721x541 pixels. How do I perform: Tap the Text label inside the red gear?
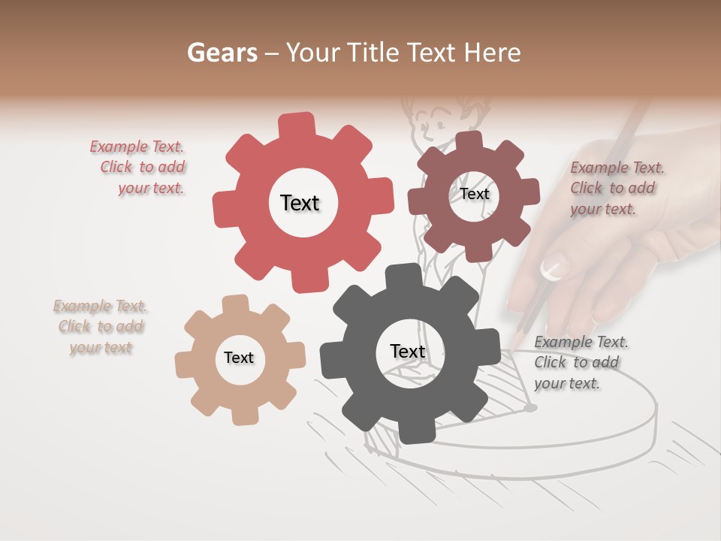pos(300,203)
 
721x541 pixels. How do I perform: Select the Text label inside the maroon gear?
pos(474,194)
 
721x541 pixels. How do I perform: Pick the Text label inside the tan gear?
pos(239,358)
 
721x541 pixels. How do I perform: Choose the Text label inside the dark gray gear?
pos(408,351)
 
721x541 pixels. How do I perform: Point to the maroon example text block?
pos(617,188)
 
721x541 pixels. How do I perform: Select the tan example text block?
pos(101,327)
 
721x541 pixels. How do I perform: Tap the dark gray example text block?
pos(581,362)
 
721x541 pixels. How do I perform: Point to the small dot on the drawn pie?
pos(530,407)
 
